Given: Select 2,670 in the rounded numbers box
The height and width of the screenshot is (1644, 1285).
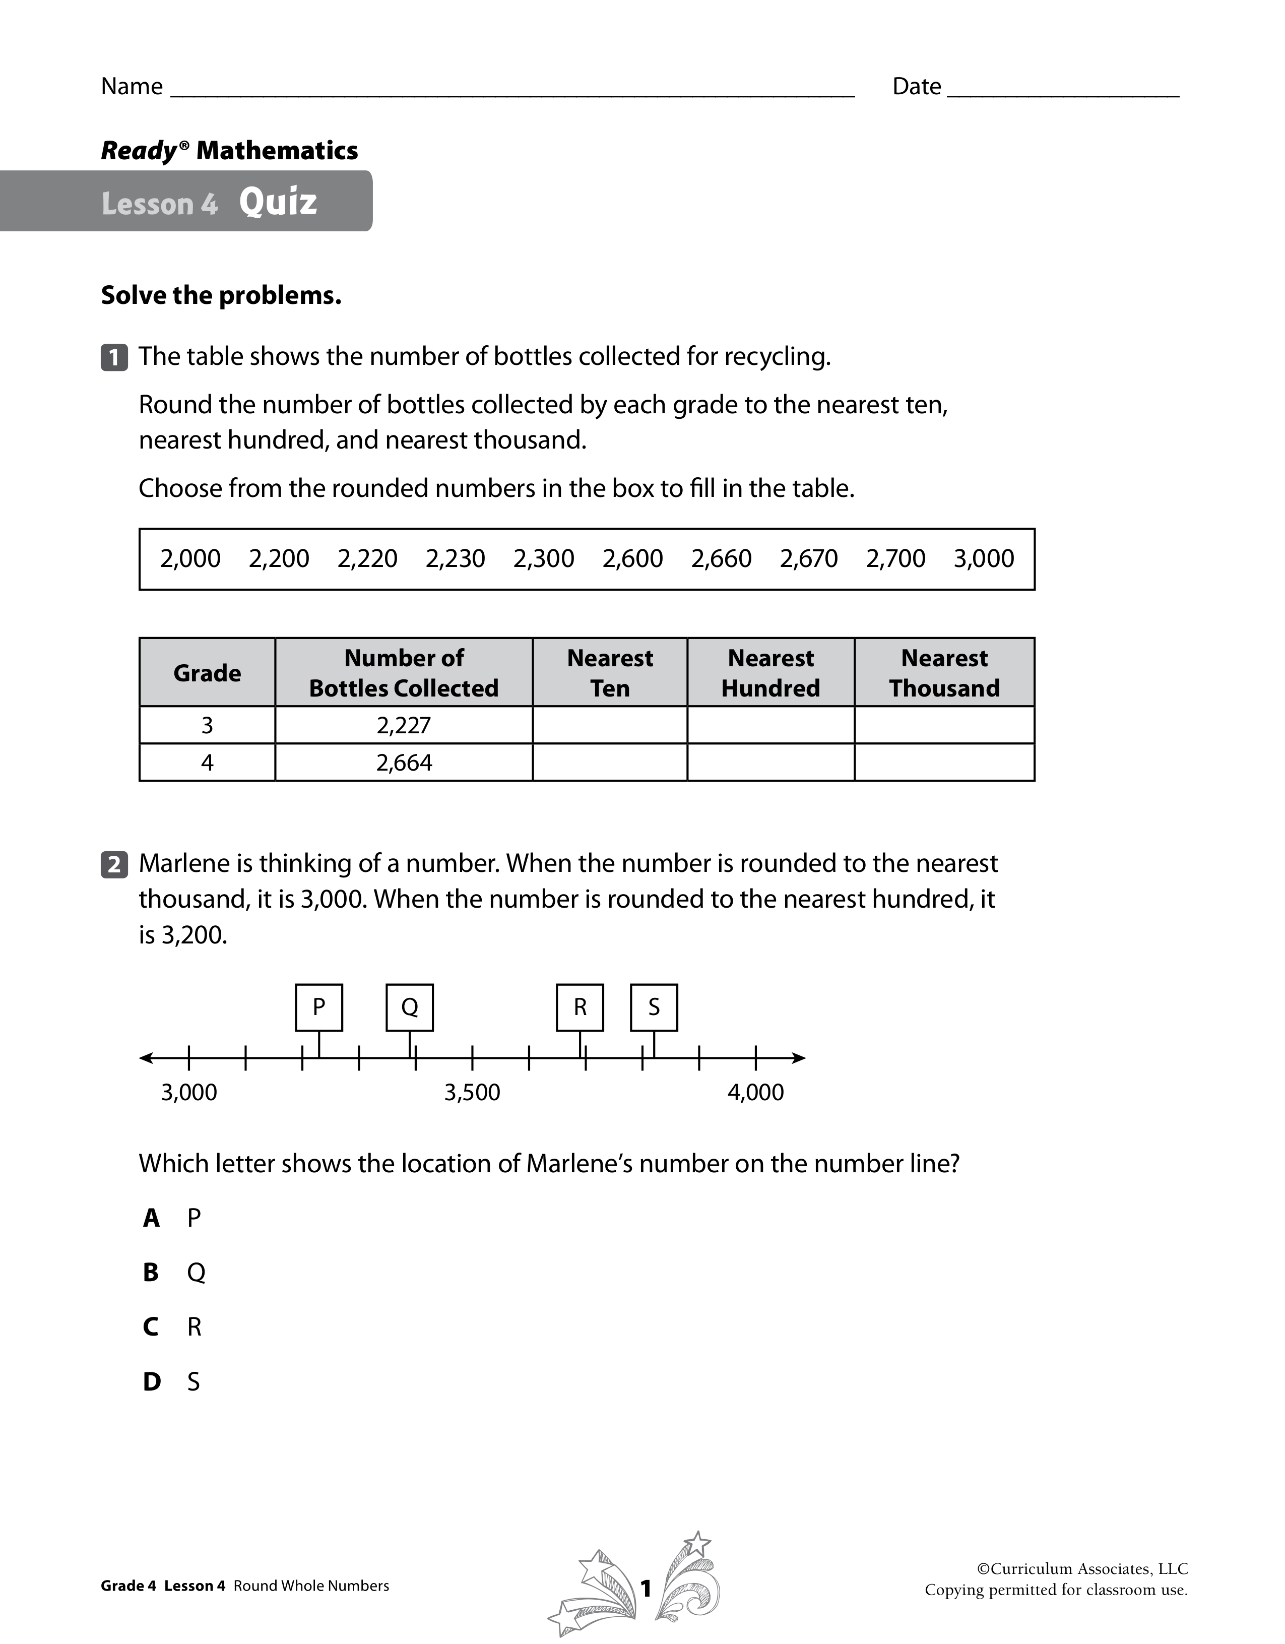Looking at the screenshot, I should (808, 558).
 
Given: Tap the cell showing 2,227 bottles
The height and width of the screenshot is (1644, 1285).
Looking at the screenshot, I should (404, 725).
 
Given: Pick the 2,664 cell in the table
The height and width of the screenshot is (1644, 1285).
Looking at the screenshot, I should (404, 763).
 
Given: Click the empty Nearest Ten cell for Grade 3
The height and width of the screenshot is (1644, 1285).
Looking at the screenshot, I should (610, 725).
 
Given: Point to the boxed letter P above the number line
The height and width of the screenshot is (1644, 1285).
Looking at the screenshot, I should (318, 1007).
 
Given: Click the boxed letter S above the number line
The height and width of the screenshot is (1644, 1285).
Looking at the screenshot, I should (654, 1007).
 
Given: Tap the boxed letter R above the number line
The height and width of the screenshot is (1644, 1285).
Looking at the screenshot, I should (580, 1007).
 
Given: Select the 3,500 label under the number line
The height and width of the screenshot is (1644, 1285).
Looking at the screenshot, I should (472, 1092).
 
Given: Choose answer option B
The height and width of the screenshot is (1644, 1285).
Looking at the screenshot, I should (151, 1272).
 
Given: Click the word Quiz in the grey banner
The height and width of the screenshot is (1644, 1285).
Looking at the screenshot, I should (278, 202).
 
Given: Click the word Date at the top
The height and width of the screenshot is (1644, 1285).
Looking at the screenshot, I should (916, 87).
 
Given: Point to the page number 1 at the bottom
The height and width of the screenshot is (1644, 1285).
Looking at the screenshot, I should (645, 1588).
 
